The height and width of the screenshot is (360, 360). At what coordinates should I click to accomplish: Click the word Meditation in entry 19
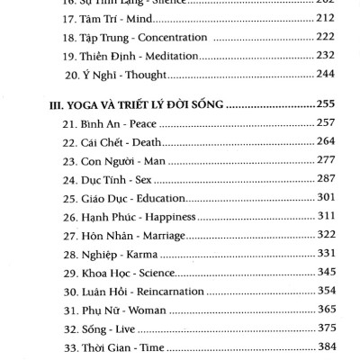coord(184,55)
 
